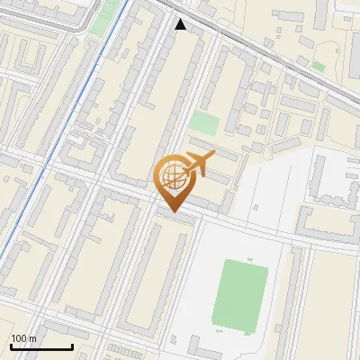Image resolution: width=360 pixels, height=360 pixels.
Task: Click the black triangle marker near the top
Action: pos(181,24)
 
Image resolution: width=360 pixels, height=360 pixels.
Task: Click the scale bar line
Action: pos(41,346)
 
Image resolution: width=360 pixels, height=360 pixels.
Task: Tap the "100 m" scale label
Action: pos(23,338)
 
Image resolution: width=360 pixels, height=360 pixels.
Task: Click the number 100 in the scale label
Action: pos(20,338)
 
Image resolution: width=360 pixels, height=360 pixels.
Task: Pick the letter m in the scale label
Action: pos(32,338)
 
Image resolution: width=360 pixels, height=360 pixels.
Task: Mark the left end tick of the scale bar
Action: pos(11,345)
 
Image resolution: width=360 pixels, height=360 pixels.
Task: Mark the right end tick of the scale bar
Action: pos(73,345)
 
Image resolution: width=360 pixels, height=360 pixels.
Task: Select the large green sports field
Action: pos(240,294)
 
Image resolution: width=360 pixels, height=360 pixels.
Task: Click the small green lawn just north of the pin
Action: pos(203,123)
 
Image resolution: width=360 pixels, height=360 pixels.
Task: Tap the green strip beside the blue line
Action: pos(110,16)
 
